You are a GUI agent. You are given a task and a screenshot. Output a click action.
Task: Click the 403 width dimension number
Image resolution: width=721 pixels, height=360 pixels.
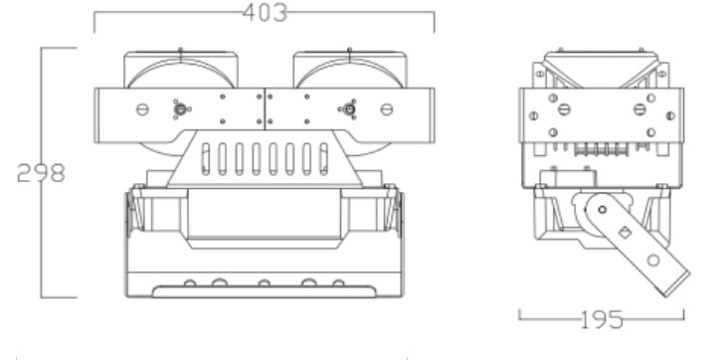(x=265, y=13)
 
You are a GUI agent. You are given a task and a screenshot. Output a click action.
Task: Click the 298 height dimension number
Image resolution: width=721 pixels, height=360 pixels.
(x=41, y=173)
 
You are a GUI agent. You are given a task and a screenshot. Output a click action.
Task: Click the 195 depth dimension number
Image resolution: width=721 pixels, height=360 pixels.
(x=602, y=319)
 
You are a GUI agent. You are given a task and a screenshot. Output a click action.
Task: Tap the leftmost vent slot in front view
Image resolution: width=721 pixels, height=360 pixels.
(x=206, y=159)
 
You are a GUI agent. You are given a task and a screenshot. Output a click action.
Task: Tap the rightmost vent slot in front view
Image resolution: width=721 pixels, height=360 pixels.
(x=324, y=159)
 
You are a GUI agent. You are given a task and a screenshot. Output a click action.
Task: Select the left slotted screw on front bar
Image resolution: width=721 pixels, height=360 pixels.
(x=142, y=109)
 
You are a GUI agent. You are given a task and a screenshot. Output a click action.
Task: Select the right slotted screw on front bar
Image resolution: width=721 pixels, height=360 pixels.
(x=387, y=109)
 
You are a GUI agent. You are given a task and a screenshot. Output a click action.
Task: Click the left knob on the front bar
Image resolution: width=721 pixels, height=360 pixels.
(x=181, y=109)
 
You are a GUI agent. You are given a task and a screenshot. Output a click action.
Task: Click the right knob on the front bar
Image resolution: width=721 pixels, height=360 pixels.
(x=349, y=109)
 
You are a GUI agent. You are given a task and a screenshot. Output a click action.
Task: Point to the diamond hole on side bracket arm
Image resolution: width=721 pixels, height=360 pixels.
(x=625, y=233)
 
